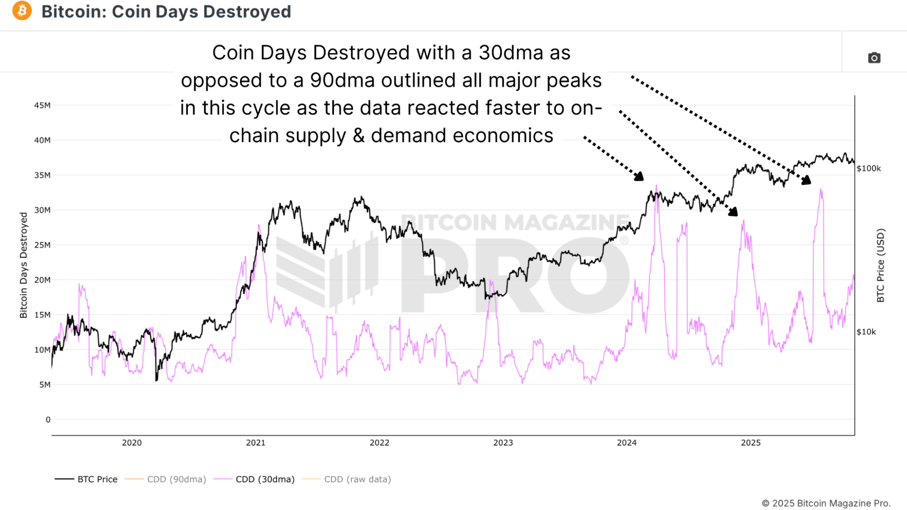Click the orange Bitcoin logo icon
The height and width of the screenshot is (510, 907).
[x=22, y=11]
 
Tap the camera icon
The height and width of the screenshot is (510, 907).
[x=874, y=58]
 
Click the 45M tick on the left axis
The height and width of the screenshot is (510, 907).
[x=42, y=105]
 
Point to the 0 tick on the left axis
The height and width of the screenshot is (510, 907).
[x=48, y=420]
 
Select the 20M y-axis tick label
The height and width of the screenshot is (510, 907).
[x=42, y=280]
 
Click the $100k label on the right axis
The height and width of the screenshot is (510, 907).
[x=868, y=168]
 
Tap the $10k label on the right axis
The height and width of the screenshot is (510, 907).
[x=866, y=332]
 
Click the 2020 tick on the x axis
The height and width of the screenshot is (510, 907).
[x=132, y=443]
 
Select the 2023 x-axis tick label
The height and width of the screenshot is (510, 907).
[x=503, y=443]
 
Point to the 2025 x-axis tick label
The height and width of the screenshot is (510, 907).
[x=750, y=443]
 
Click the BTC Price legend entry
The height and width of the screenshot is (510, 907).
[x=97, y=479]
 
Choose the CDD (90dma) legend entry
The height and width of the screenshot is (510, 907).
[x=176, y=479]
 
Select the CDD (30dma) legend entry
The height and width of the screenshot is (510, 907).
[x=265, y=479]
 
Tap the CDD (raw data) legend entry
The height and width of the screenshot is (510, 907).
[x=357, y=479]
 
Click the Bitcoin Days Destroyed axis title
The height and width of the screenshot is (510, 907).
[x=24, y=265]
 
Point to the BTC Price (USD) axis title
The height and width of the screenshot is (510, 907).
[x=880, y=265]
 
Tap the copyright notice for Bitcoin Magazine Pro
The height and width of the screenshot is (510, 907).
[x=826, y=503]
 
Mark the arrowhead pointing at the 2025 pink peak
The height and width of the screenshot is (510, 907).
[x=806, y=180]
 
